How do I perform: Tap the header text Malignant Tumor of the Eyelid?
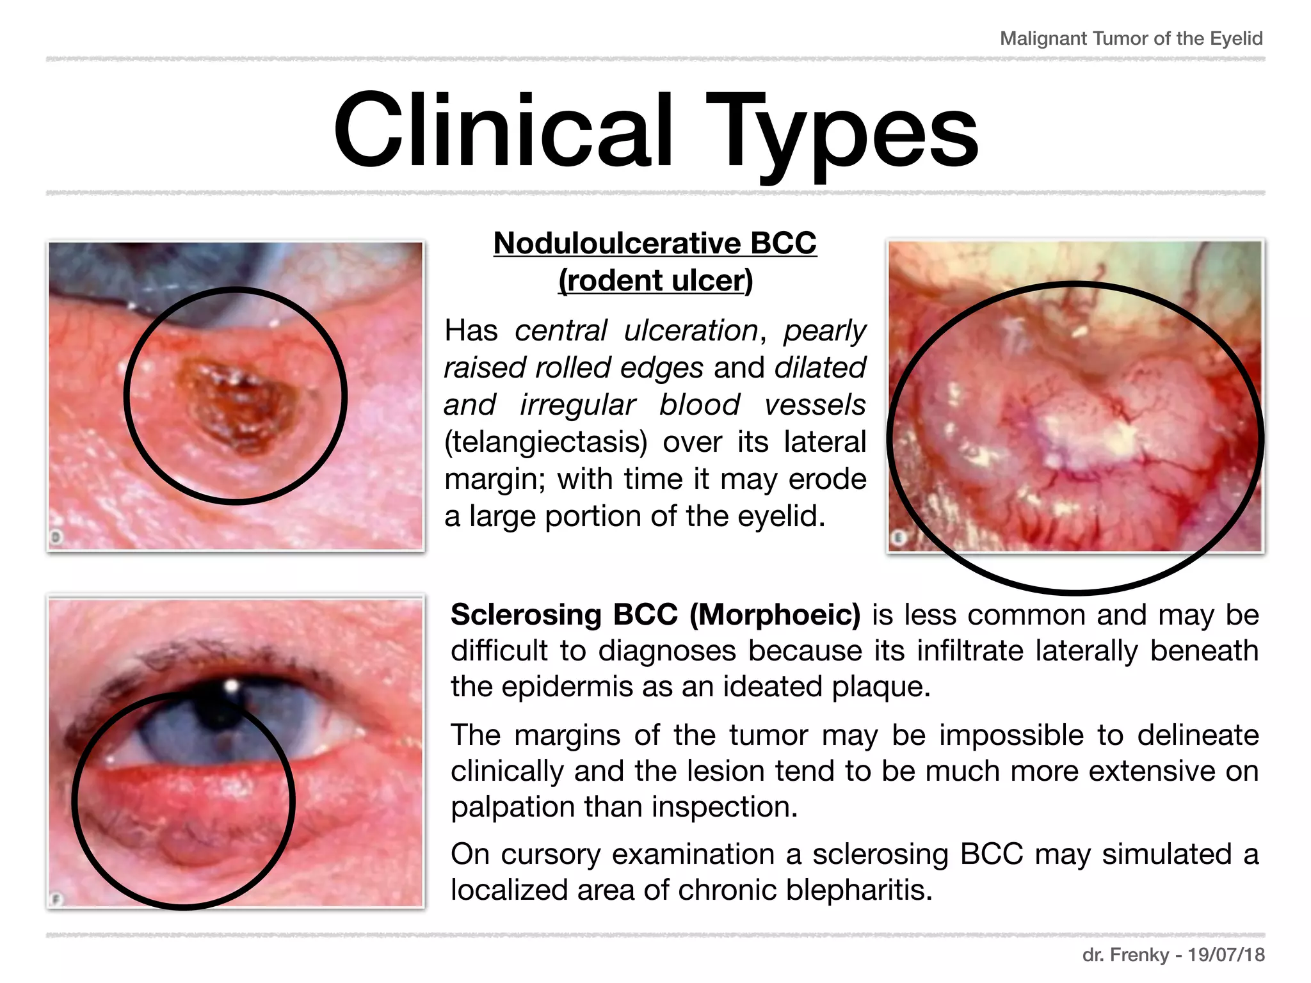point(1131,38)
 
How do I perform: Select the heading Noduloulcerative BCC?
point(655,243)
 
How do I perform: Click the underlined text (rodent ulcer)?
point(655,280)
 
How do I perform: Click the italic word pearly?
point(824,331)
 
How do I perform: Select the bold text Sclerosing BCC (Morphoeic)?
point(655,614)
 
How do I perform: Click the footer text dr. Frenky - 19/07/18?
point(1173,955)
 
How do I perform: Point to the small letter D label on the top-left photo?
point(56,538)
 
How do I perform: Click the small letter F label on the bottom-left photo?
point(56,899)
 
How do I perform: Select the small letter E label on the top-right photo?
point(898,538)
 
